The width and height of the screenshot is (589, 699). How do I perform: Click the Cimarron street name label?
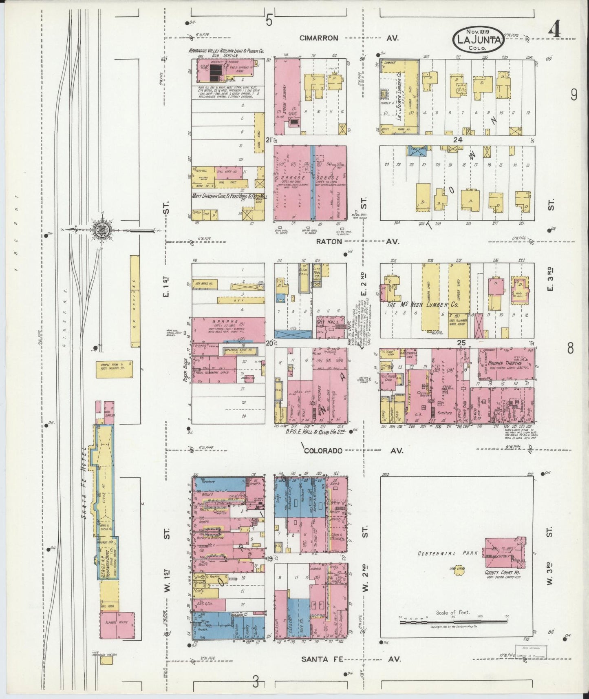[x=318, y=38]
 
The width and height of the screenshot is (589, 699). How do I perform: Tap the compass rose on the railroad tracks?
[x=101, y=230]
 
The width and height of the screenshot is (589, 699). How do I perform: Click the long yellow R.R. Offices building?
[x=135, y=301]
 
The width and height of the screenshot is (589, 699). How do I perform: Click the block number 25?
[x=461, y=343]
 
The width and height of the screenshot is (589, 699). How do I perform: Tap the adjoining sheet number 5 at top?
[x=269, y=20]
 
